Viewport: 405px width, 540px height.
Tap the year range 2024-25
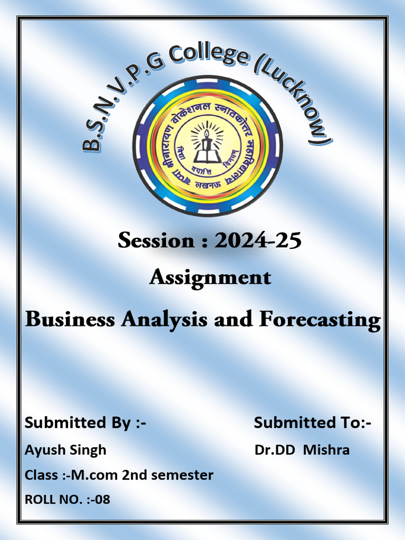[257, 240]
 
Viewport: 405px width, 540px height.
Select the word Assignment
[210, 277]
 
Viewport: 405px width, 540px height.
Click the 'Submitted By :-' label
[85, 422]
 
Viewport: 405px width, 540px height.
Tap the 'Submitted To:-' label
[313, 422]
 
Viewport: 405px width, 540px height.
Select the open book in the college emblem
[207, 156]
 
